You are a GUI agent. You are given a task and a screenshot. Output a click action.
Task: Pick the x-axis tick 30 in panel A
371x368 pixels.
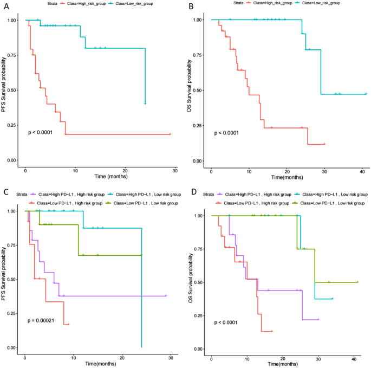pyautogui.click(x=175, y=170)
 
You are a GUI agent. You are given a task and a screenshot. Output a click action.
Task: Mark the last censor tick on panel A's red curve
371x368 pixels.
pyautogui.click(x=170, y=134)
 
